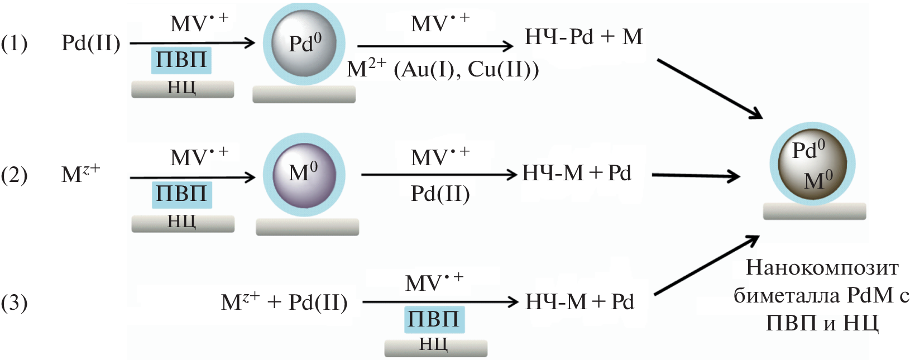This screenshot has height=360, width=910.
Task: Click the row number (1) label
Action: coord(15,44)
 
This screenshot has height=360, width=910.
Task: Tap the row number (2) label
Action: coord(15,175)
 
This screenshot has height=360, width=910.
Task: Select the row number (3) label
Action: coord(15,303)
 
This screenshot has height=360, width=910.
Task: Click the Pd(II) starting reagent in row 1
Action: coord(90,43)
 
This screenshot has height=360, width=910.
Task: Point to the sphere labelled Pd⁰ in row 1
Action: coord(304,44)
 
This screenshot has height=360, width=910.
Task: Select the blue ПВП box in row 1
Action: coord(181,60)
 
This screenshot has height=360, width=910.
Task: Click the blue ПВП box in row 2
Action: coord(181,194)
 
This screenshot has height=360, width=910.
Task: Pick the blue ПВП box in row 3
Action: coord(434,319)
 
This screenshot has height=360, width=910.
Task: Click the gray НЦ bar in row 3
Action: coord(435,347)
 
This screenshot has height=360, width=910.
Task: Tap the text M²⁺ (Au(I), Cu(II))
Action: coord(443,70)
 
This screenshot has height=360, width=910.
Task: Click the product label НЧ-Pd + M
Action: coord(583,37)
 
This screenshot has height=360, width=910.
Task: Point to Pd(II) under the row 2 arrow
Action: coord(440,194)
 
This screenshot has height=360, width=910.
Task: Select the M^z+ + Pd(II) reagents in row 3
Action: coord(284,303)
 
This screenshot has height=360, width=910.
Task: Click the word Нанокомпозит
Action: coord(822,268)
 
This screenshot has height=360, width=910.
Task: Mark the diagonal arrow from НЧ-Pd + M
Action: coord(709,89)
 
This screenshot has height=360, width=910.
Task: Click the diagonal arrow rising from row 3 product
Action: coord(706,265)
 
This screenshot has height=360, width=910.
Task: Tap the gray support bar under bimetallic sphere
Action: coord(814,211)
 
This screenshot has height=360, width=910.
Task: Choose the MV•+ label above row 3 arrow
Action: coord(434,282)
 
